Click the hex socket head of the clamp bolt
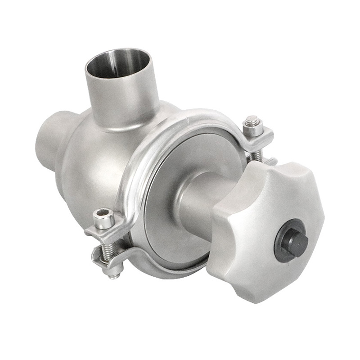click(x=103, y=218)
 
